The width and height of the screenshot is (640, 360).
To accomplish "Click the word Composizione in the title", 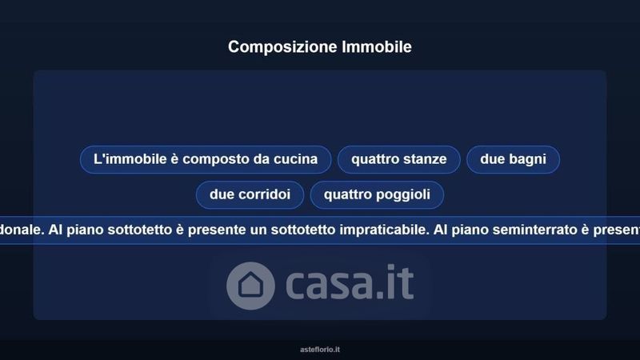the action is click(282, 47).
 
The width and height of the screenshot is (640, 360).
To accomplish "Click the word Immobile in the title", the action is click(377, 46).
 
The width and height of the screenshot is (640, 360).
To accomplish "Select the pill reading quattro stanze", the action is click(398, 159).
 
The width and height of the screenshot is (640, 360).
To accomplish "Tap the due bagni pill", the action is click(513, 159).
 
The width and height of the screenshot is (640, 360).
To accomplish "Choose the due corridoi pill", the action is click(250, 194).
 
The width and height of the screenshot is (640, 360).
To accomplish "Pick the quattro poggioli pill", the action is click(377, 194).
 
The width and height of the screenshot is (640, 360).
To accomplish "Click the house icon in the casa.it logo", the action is click(250, 286).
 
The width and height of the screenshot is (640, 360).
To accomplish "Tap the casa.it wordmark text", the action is click(350, 282).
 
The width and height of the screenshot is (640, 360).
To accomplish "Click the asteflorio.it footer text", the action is click(320, 350).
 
